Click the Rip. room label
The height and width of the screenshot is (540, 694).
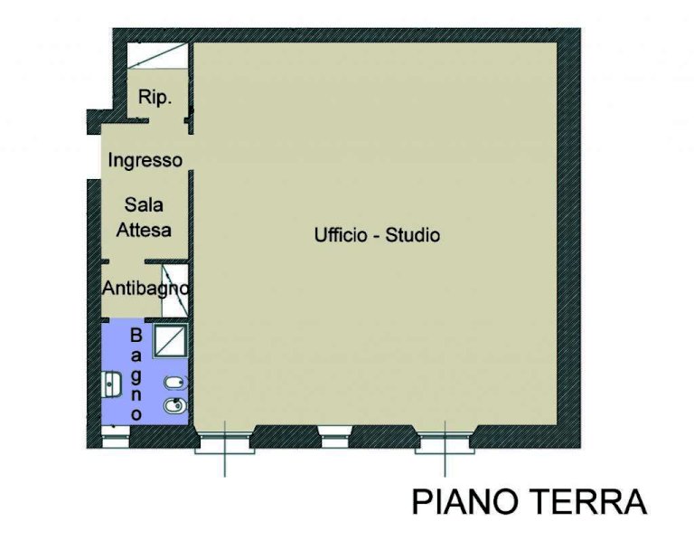click(155, 97)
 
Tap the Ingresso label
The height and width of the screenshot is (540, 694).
click(145, 160)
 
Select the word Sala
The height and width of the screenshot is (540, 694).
click(144, 205)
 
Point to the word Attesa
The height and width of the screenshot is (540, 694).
click(144, 230)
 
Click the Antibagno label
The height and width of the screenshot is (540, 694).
click(145, 289)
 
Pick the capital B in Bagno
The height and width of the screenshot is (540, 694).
click(136, 336)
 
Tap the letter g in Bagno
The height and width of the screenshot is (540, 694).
click(136, 375)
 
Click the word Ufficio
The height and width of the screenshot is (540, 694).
click(341, 234)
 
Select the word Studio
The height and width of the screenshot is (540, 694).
click(413, 235)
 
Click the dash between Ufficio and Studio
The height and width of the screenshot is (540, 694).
click(377, 237)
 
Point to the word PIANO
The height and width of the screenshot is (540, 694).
click(465, 501)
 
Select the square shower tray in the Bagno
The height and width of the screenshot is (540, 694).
click(171, 340)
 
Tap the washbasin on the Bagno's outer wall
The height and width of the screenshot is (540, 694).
click(111, 384)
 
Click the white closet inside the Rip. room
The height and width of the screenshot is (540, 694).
click(157, 56)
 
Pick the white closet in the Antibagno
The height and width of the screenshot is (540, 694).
click(175, 290)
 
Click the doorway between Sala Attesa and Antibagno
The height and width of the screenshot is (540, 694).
click(127, 262)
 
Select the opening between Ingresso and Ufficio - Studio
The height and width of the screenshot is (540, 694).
click(192, 152)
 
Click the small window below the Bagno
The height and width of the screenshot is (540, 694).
click(116, 436)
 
